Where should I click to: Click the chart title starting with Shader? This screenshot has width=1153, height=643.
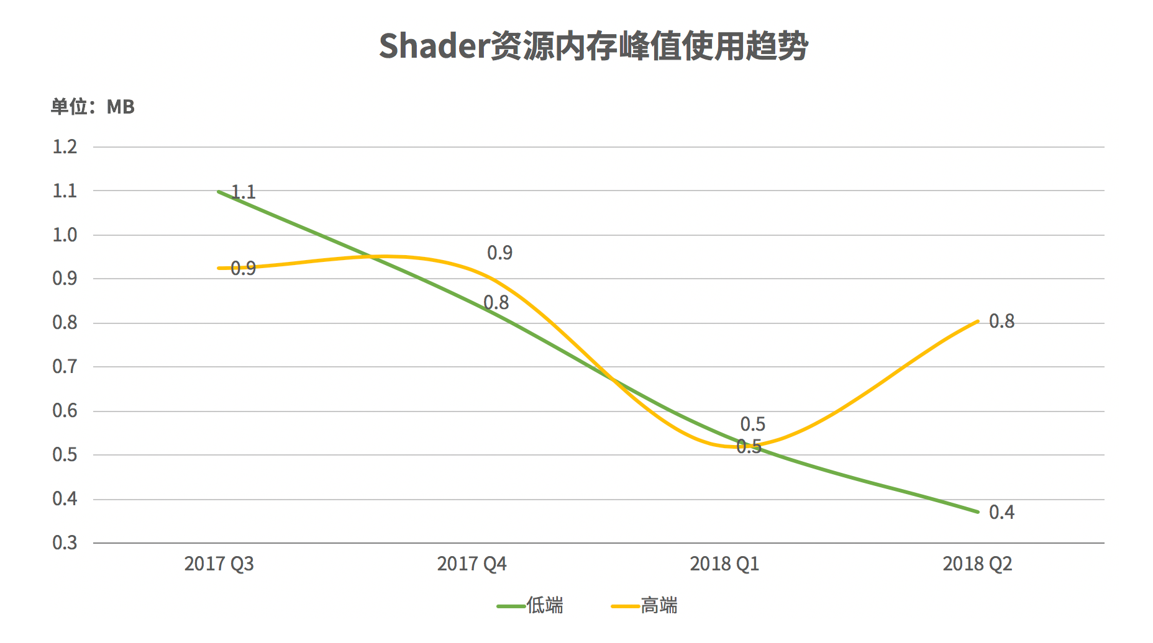[593, 47]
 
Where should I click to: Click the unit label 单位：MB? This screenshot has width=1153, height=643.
[93, 107]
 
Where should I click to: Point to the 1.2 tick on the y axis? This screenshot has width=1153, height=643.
[65, 147]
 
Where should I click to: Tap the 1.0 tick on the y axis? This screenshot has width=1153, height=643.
[65, 235]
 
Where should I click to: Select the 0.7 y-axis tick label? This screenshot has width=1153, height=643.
[65, 367]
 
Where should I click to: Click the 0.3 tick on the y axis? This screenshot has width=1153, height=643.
[65, 543]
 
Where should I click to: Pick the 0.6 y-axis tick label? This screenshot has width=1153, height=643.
[65, 411]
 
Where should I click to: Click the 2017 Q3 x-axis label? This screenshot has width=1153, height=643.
[219, 564]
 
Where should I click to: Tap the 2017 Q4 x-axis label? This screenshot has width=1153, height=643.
[472, 564]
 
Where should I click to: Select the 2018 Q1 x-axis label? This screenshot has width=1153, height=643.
[724, 564]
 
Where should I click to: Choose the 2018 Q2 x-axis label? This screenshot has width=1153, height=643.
[977, 564]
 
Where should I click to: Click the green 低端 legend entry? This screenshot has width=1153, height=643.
[531, 605]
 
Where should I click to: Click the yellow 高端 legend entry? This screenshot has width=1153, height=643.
[645, 605]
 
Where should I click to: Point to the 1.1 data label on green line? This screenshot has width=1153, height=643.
[244, 192]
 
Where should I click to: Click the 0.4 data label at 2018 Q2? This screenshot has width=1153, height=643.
[1001, 513]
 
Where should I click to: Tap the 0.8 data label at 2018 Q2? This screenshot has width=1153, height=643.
[1001, 321]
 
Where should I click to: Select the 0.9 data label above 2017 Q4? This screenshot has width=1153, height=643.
[499, 253]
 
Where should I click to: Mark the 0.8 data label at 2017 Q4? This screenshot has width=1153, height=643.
[496, 303]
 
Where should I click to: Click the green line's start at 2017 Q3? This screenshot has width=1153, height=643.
[219, 192]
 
